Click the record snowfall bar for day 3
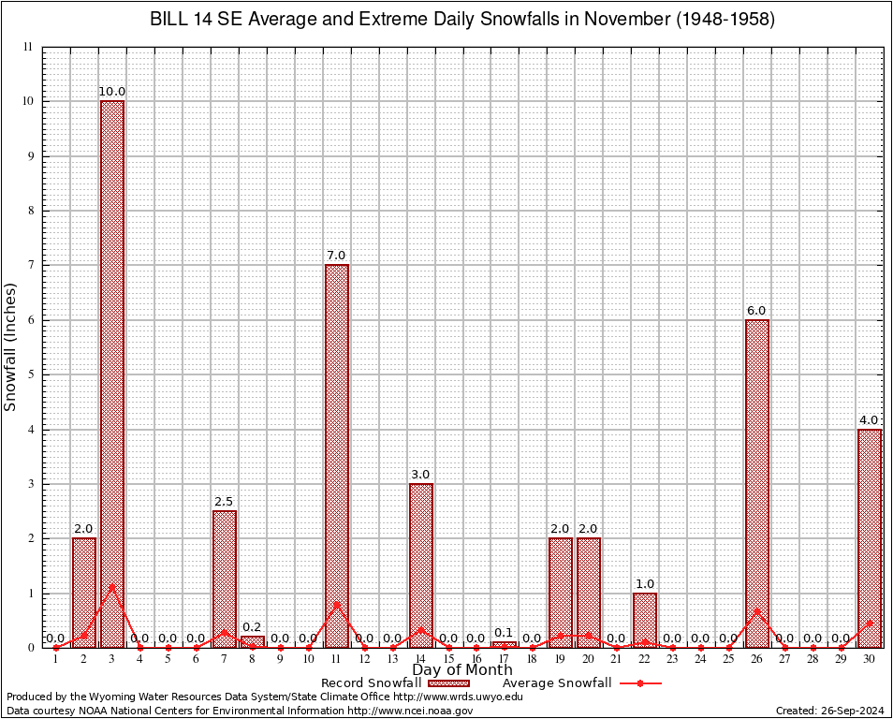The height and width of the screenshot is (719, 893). click(x=112, y=374)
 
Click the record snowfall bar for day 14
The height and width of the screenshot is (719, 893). click(x=420, y=565)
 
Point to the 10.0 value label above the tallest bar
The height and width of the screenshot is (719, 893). click(x=112, y=92)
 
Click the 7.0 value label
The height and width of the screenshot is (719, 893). click(x=337, y=256)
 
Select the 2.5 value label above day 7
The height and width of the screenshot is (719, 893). click(x=225, y=502)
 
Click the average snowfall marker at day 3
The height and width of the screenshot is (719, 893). click(x=112, y=587)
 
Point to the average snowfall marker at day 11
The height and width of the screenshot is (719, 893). click(x=337, y=604)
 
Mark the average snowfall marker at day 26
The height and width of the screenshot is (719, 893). click(x=757, y=611)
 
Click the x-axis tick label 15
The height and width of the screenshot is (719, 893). click(x=448, y=659)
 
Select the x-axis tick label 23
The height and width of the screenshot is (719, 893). click(x=673, y=659)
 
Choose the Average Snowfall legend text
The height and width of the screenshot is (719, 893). click(x=557, y=683)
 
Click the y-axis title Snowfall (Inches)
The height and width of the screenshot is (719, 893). click(x=11, y=346)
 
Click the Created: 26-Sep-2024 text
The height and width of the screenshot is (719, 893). click(x=829, y=711)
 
